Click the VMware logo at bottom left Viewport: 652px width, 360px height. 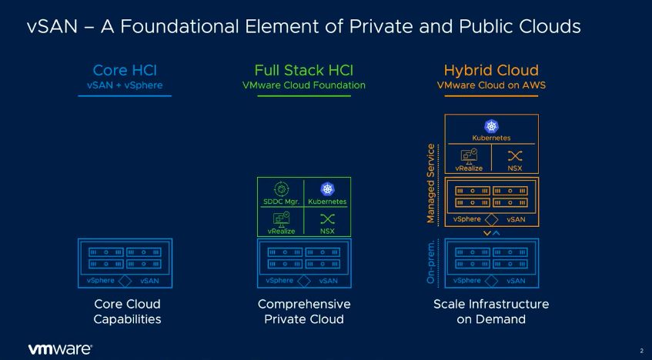pos(60,349)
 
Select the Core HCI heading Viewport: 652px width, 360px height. pos(125,70)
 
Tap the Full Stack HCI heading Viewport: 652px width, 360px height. pos(304,70)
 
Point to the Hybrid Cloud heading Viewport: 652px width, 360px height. pos(491,71)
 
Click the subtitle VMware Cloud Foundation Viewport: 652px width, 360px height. pos(304,85)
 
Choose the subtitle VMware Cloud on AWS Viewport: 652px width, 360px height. pos(491,85)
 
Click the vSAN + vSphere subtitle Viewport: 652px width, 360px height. pos(125,85)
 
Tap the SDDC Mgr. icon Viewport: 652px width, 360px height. pos(282,189)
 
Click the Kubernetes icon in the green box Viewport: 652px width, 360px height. pos(327,189)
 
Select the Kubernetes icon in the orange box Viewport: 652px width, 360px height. pos(491,126)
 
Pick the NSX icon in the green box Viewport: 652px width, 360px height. pos(327,218)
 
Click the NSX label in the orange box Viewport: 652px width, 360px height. pos(515,168)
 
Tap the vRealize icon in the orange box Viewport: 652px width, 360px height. pos(469,156)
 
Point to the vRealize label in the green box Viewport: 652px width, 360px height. pos(282,231)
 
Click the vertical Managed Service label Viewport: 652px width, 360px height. pos(431,183)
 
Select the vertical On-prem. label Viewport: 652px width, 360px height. pos(431,262)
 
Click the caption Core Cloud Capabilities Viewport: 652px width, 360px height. pos(127,312)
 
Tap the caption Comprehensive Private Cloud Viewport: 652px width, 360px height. pos(304,312)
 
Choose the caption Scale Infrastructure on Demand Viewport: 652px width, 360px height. pos(491,312)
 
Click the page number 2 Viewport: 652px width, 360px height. pos(641,351)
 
